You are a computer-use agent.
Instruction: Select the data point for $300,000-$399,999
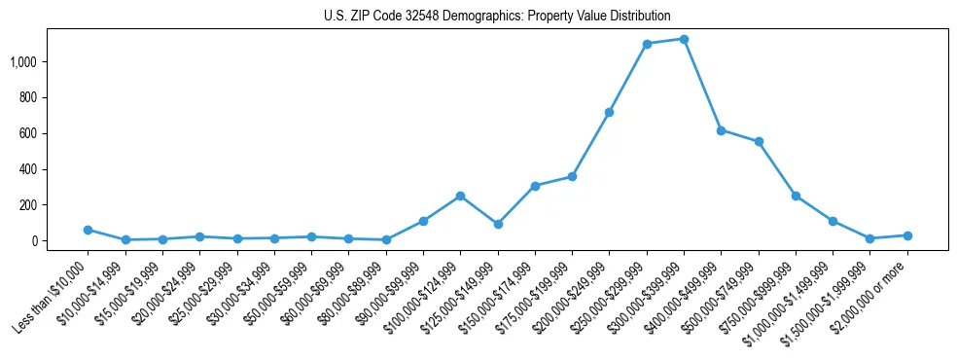(x=684, y=39)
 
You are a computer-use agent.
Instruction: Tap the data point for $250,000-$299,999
(x=647, y=44)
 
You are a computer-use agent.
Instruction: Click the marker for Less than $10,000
(x=88, y=230)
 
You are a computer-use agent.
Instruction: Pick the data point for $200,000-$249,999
(x=609, y=112)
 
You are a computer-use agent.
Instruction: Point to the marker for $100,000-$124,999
(x=460, y=196)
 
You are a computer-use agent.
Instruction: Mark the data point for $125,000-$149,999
(x=498, y=224)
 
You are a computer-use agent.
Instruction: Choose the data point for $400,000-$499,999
(x=721, y=129)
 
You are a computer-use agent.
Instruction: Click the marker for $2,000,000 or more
(x=907, y=235)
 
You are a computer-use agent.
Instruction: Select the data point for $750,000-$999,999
(x=796, y=196)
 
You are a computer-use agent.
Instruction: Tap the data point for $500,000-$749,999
(x=759, y=141)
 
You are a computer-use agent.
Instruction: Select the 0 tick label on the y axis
(x=46, y=240)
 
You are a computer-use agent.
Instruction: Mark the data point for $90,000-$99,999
(x=423, y=221)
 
